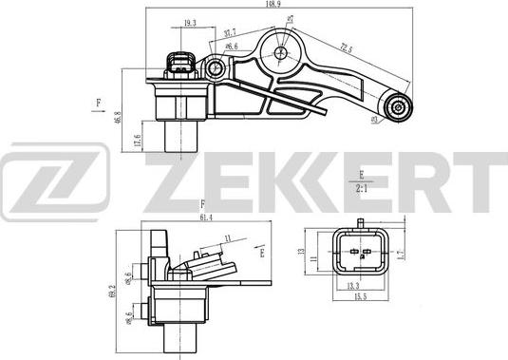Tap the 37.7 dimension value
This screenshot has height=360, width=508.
pyautogui.click(x=231, y=32)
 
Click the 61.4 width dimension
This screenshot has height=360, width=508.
pyautogui.click(x=205, y=218)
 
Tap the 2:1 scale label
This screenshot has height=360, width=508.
pyautogui.click(x=362, y=187)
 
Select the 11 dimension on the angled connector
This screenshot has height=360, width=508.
pyautogui.click(x=227, y=240)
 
